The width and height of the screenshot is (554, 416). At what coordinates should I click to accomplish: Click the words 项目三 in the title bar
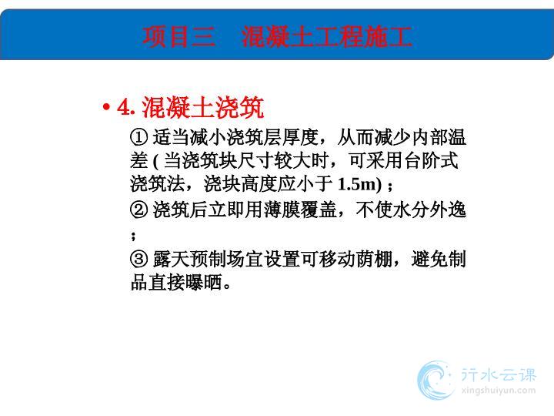click(179, 37)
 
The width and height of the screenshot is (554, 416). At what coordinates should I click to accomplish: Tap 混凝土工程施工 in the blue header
click(327, 37)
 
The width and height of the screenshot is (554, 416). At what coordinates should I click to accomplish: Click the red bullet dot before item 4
click(105, 106)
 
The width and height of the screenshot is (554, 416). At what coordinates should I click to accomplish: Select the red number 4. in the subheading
click(125, 107)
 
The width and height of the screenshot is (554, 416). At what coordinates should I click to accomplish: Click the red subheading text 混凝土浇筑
click(203, 107)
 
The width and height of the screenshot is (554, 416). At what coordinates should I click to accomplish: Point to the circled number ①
click(138, 137)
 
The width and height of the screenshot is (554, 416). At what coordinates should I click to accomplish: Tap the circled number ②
click(138, 210)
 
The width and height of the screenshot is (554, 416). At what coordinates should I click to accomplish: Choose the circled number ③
click(138, 260)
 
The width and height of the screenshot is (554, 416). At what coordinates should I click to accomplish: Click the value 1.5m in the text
click(356, 184)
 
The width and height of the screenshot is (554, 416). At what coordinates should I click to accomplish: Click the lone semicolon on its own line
click(133, 236)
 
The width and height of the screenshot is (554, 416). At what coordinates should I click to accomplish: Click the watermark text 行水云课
click(499, 375)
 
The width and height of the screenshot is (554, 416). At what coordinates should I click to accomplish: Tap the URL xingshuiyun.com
click(499, 391)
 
